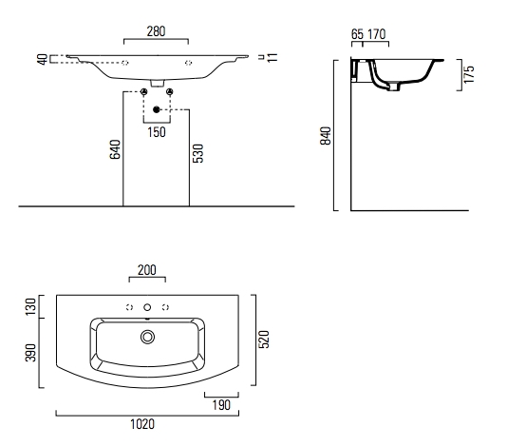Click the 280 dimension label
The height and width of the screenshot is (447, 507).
(x=156, y=31)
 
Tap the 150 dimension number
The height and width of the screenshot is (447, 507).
(x=157, y=132)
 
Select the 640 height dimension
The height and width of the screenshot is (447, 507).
(x=115, y=149)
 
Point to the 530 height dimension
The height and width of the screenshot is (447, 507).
(x=197, y=153)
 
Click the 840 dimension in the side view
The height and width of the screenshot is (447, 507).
(x=326, y=136)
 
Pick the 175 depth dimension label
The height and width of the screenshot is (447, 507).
(x=469, y=74)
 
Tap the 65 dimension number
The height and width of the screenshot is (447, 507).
(x=357, y=34)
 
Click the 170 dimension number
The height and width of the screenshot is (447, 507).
(x=377, y=34)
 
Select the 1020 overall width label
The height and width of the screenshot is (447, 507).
(x=142, y=424)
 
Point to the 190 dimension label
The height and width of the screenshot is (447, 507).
(x=221, y=405)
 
